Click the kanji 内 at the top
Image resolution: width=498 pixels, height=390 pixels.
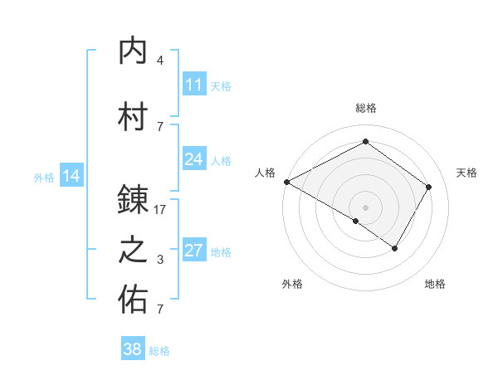pyautogui.click(x=134, y=52)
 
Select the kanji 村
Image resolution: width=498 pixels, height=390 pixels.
pyautogui.click(x=134, y=116)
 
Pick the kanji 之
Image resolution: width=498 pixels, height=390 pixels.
pyautogui.click(x=134, y=251)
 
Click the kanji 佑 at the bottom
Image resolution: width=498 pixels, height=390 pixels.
pyautogui.click(x=134, y=300)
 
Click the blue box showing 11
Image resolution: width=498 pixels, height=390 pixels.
pyautogui.click(x=194, y=84)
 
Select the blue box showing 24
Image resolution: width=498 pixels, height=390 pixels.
pyautogui.click(x=194, y=159)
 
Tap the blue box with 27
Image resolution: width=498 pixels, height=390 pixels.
pyautogui.click(x=194, y=251)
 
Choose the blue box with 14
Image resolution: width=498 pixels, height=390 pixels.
pyautogui.click(x=71, y=175)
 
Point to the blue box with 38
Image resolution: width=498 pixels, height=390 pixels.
pyautogui.click(x=133, y=349)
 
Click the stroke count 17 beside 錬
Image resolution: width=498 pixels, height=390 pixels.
pyautogui.click(x=160, y=211)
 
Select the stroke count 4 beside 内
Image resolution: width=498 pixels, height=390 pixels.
pyautogui.click(x=160, y=61)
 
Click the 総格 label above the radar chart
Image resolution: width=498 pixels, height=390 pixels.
pyautogui.click(x=365, y=108)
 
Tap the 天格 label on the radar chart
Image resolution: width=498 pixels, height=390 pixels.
pyautogui.click(x=466, y=173)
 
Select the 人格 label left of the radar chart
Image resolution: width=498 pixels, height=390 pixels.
pyautogui.click(x=266, y=173)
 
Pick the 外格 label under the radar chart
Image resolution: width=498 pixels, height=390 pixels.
pyautogui.click(x=292, y=285)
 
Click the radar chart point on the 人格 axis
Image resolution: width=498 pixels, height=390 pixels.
pyautogui.click(x=286, y=182)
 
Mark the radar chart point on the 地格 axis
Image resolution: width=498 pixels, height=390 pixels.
pyautogui.click(x=395, y=248)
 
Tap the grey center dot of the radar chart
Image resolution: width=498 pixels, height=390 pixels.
pyautogui.click(x=365, y=207)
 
